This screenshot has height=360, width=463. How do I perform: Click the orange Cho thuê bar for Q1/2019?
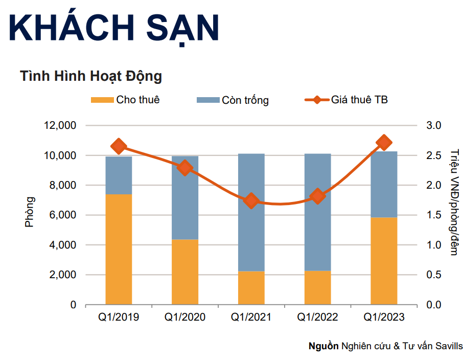click(x=119, y=249)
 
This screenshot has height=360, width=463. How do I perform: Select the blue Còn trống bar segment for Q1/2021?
click(x=251, y=212)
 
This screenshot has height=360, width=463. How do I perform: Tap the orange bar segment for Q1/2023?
click(x=384, y=261)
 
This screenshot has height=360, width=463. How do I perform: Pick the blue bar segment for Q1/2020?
click(x=185, y=198)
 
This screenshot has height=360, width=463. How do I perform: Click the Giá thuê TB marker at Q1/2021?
click(x=251, y=200)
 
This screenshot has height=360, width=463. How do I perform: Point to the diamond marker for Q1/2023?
click(x=384, y=143)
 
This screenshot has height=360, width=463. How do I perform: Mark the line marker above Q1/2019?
click(x=119, y=146)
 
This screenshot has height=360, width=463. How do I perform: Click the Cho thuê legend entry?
click(x=125, y=100)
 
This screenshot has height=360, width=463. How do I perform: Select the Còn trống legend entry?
click(x=233, y=100)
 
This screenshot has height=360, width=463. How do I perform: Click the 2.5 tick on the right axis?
click(x=433, y=155)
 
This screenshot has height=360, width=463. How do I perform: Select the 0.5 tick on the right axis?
click(x=433, y=275)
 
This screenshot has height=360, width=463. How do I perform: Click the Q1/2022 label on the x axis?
click(x=318, y=318)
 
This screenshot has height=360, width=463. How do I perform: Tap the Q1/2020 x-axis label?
click(x=185, y=318)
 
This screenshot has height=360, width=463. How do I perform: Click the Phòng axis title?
click(x=30, y=211)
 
